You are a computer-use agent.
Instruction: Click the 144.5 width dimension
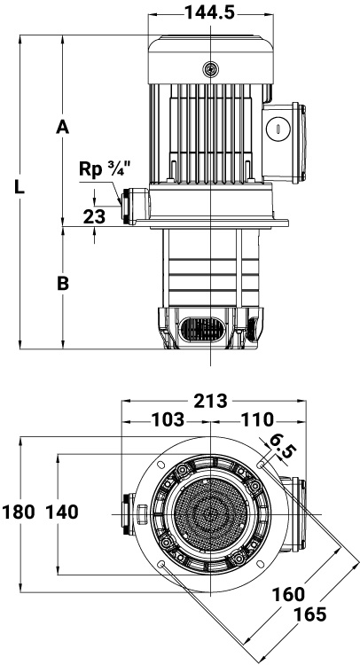click(x=209, y=12)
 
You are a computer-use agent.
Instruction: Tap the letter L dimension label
click(x=20, y=186)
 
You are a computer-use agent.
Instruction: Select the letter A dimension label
click(x=62, y=127)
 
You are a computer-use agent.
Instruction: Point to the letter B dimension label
click(x=63, y=284)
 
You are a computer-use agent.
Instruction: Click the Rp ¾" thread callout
click(x=104, y=168)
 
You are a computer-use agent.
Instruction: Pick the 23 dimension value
click(x=94, y=216)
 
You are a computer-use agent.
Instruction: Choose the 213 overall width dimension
click(x=211, y=401)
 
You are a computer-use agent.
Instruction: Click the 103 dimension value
click(x=168, y=420)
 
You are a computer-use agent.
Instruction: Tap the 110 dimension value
click(x=257, y=420)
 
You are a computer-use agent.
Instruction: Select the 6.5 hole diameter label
click(x=281, y=446)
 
